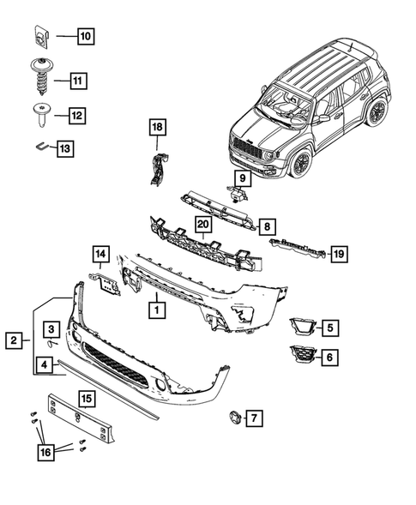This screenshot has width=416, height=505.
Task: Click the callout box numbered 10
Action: pyautogui.click(x=86, y=36)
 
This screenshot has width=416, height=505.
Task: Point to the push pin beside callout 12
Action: pyautogui.click(x=41, y=111)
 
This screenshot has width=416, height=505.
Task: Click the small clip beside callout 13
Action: pyautogui.click(x=41, y=147)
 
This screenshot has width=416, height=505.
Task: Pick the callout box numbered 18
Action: pyautogui.click(x=156, y=129)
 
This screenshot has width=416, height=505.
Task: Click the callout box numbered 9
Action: pyautogui.click(x=243, y=178)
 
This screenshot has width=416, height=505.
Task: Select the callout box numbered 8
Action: pyautogui.click(x=267, y=227)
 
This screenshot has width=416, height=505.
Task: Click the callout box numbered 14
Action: pyautogui.click(x=101, y=253)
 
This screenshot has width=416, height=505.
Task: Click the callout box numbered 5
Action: pyautogui.click(x=330, y=326)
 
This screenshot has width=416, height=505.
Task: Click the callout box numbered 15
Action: pyautogui.click(x=86, y=398)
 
